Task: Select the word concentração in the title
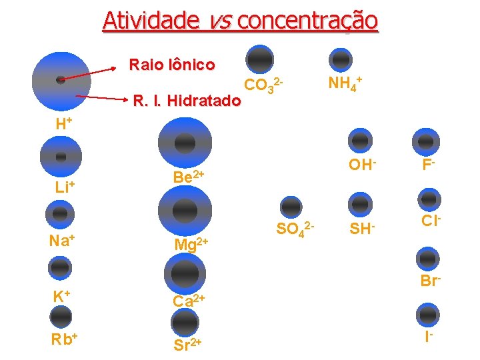pyautogui.click(x=307, y=21)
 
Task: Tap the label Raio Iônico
pyautogui.click(x=172, y=65)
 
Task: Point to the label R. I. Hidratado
pyautogui.click(x=187, y=101)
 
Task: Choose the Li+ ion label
pyautogui.click(x=64, y=187)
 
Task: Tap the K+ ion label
pyautogui.click(x=62, y=296)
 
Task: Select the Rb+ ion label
pyautogui.click(x=65, y=338)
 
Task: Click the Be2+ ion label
pyautogui.click(x=187, y=177)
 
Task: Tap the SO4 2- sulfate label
pyautogui.click(x=295, y=230)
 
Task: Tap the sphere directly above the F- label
pyautogui.click(x=426, y=140)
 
